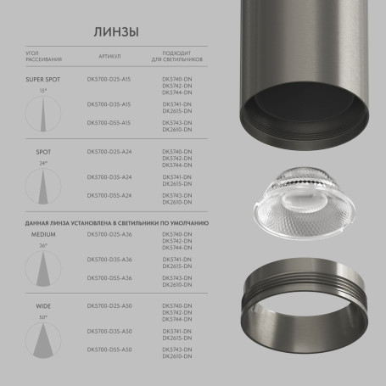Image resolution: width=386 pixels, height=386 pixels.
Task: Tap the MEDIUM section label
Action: click(43, 233)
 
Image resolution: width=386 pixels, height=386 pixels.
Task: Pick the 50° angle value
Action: click(43, 316)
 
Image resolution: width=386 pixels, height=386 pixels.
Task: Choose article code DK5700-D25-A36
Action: click(109, 233)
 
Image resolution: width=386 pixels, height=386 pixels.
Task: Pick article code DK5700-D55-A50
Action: click(109, 349)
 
